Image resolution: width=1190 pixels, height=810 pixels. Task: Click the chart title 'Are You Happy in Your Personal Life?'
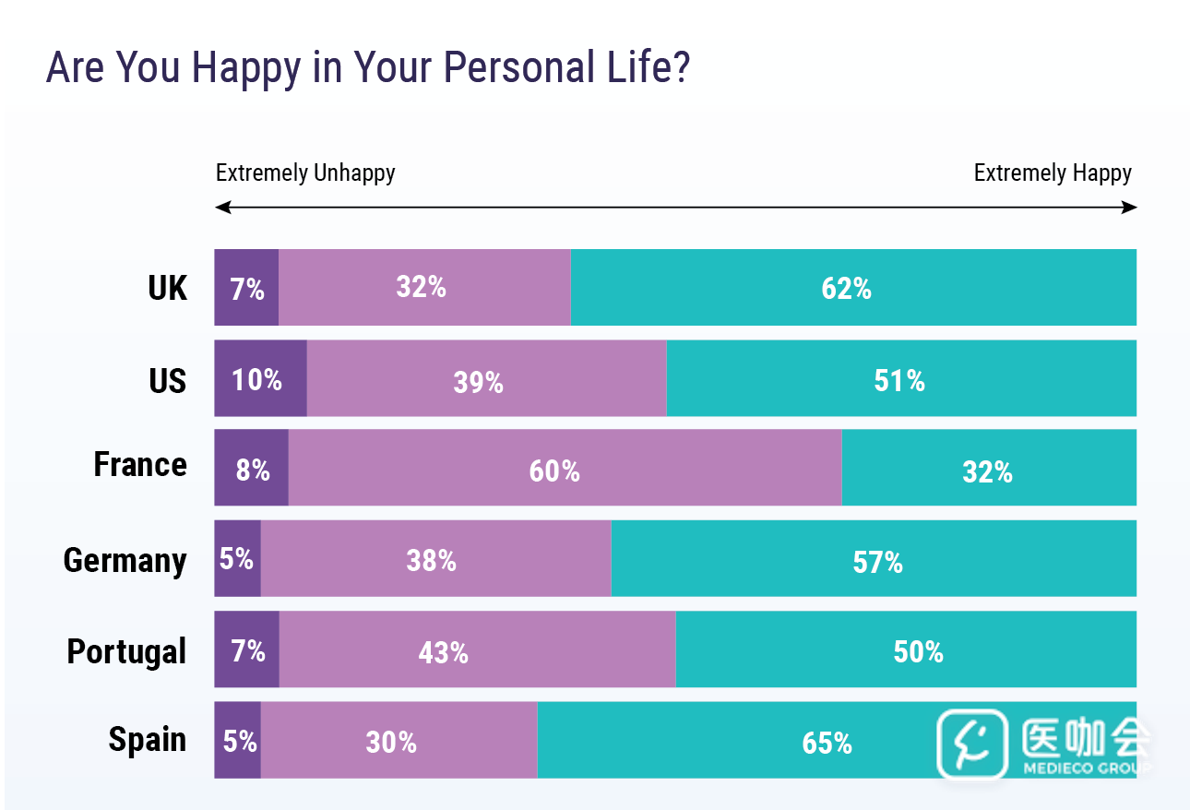(x=368, y=68)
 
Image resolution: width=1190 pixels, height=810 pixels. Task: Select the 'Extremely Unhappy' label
(x=305, y=173)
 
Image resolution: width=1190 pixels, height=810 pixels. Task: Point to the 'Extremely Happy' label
(x=1053, y=173)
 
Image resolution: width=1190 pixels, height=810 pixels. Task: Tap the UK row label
(x=167, y=288)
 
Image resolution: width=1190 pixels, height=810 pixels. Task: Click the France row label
(x=140, y=464)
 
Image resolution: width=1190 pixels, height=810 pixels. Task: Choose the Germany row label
(x=125, y=560)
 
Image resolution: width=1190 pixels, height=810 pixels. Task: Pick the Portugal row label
(x=126, y=651)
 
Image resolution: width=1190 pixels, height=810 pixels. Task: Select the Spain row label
(x=148, y=739)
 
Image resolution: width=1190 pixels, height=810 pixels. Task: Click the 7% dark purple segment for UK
(x=246, y=288)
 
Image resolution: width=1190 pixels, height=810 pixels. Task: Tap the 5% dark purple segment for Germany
(x=237, y=558)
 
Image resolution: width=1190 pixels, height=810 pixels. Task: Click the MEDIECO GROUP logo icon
(x=971, y=744)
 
